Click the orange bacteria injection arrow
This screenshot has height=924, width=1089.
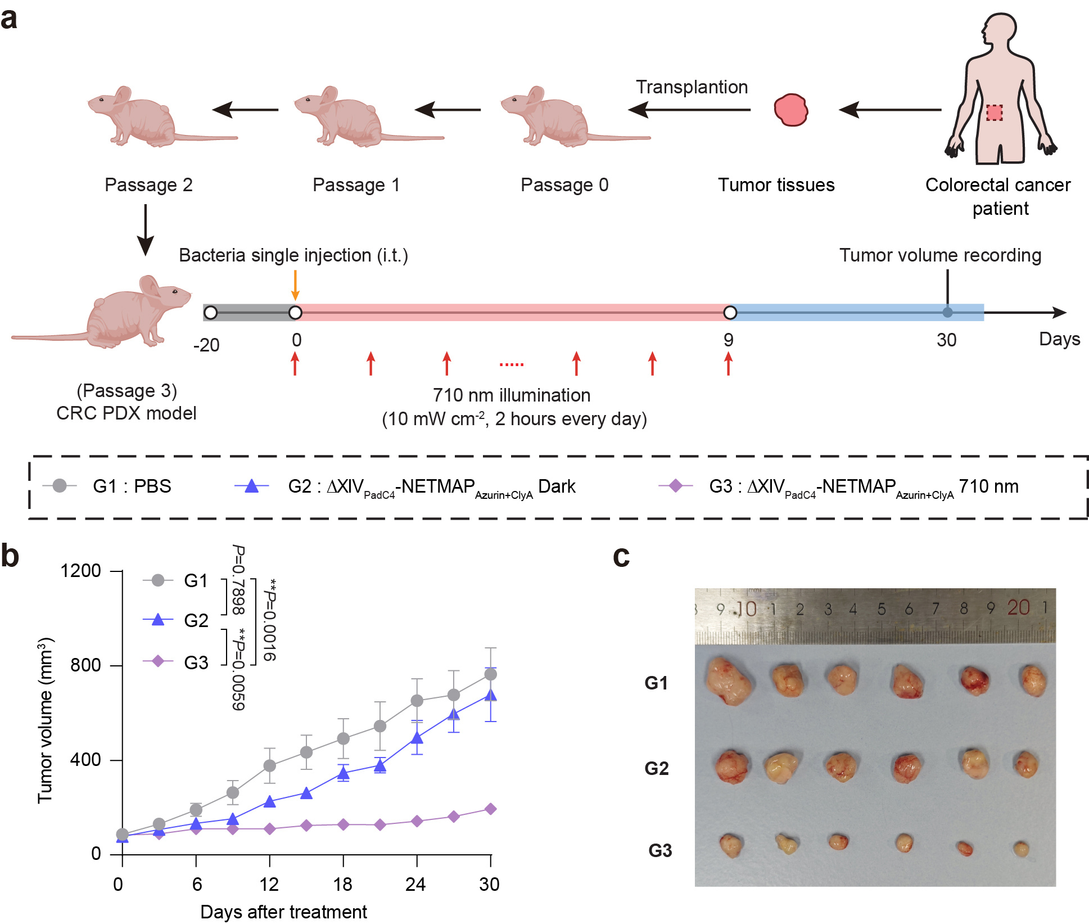point(295,285)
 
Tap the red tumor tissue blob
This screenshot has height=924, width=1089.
point(790,110)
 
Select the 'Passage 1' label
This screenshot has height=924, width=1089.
point(356,185)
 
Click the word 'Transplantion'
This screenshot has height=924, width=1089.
point(692,87)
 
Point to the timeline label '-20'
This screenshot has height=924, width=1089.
point(206,345)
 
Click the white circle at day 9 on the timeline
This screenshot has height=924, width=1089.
point(730,313)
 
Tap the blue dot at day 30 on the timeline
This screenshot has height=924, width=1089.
point(947,313)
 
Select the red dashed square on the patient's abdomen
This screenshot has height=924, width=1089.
point(994,112)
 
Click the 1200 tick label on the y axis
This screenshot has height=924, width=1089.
point(80,571)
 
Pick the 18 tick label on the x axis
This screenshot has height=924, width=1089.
point(342,885)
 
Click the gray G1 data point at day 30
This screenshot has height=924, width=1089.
point(490,674)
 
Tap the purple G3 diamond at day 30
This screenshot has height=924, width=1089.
point(490,809)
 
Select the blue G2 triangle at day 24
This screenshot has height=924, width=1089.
point(417,737)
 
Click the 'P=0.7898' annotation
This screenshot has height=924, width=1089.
point(238,580)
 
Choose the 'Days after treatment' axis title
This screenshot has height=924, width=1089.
point(283,912)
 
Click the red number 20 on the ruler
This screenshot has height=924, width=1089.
point(1018,607)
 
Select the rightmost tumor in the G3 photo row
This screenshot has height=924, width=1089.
point(1021,848)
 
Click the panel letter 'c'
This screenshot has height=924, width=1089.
point(621,557)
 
